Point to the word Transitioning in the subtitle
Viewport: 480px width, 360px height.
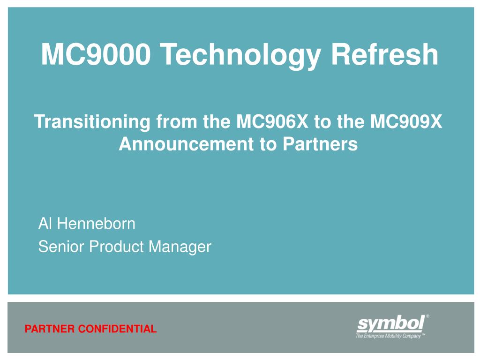(x=92, y=123)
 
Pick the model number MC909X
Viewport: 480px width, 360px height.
(x=406, y=122)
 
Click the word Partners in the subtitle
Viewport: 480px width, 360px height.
(x=320, y=144)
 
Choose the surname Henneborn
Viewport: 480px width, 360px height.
(x=96, y=224)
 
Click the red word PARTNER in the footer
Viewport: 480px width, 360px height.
(x=49, y=329)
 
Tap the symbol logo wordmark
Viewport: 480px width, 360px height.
(x=390, y=323)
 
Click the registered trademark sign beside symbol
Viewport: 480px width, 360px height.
(x=427, y=316)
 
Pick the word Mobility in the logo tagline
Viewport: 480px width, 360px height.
(x=392, y=336)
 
